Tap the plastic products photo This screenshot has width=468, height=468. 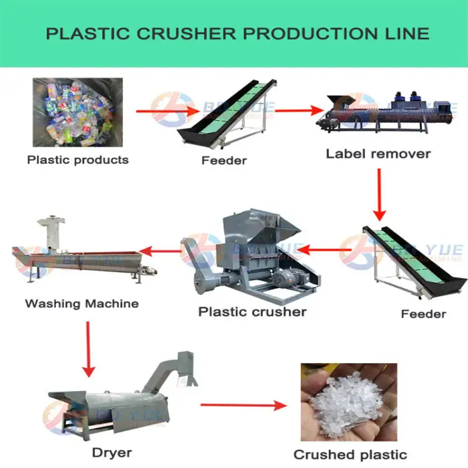coord(78,112)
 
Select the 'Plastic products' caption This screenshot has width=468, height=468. coord(78,160)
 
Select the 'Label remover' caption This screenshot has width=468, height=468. coord(378,154)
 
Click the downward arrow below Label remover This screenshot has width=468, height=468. coord(379,194)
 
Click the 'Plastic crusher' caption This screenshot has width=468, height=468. coord(252,312)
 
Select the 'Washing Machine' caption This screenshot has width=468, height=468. coord(82,304)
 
